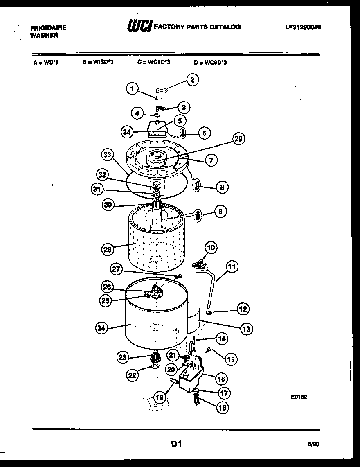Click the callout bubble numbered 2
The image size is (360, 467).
(x=192, y=80)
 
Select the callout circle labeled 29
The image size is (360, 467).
(x=238, y=139)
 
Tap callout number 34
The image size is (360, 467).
(x=128, y=132)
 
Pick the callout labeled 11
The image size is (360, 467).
(x=232, y=268)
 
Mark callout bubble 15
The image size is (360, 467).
(x=231, y=359)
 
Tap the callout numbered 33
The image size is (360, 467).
(x=108, y=154)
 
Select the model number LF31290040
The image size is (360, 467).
(x=303, y=27)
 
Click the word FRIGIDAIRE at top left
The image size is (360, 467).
(x=48, y=28)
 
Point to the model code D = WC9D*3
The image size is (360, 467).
(x=210, y=63)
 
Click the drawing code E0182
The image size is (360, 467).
(x=300, y=397)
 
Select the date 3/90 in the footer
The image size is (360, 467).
(x=313, y=444)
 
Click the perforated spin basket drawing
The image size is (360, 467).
(x=153, y=241)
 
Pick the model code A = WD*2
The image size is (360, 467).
(x=46, y=63)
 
